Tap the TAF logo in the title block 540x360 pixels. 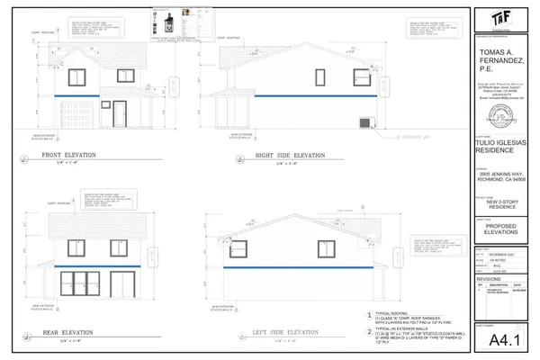click(498, 18)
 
